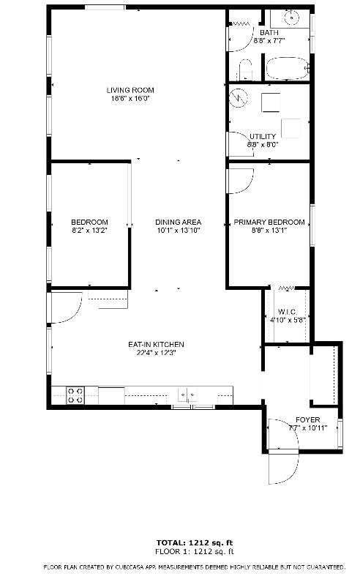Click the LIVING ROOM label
130,90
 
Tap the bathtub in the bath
288,68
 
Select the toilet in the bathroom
245,70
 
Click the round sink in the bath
292,17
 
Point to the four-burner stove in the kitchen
75,395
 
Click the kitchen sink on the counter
187,395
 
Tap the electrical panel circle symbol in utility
238,98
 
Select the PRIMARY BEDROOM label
269,223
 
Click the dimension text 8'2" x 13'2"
89,231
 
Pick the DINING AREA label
179,223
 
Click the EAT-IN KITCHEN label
156,345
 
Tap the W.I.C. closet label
288,312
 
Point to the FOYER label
308,420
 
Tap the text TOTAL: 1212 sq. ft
195,543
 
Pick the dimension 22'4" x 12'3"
156,353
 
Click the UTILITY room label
263,137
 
